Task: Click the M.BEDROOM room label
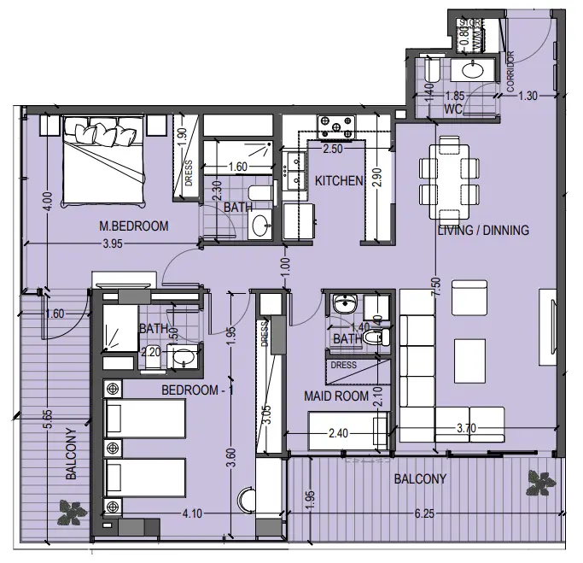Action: pos(133,226)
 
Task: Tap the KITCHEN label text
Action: pos(340,181)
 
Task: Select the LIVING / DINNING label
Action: pos(483,230)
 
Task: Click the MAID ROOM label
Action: pos(336,396)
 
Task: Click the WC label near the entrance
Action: pos(453,110)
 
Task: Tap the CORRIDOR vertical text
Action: pos(511,72)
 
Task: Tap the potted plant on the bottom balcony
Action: pos(539,484)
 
